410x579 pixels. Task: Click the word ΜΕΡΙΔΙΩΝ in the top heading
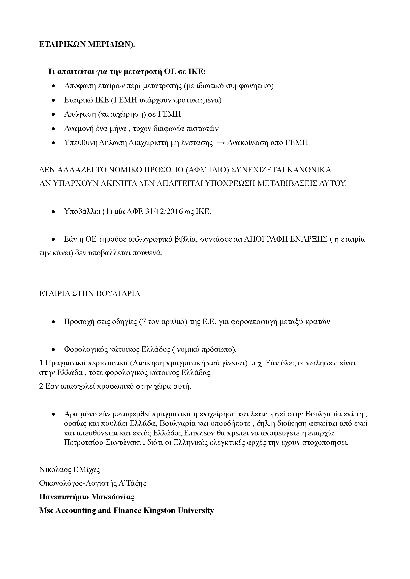pyautogui.click(x=111, y=44)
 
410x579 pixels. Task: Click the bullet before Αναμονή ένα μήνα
pyautogui.click(x=53, y=129)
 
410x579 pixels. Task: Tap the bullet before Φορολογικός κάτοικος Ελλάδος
pyautogui.click(x=53, y=350)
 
